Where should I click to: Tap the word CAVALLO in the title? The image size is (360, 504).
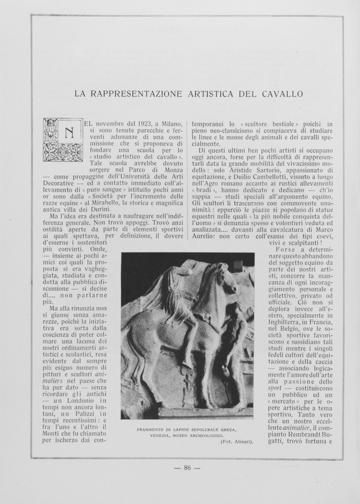[x=282, y=94]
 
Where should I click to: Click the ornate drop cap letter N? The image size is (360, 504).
[x=63, y=140]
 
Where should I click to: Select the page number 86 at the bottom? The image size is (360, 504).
[x=187, y=468]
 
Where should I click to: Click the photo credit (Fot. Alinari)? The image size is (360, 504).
[x=236, y=442]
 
